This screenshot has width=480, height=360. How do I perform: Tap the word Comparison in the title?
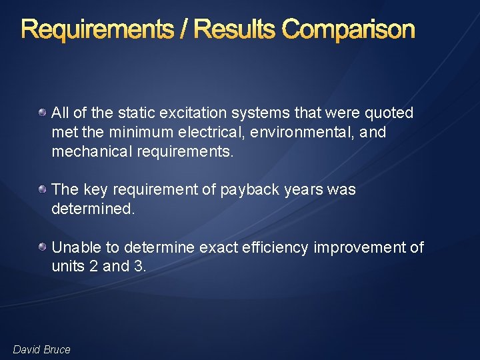click(348, 30)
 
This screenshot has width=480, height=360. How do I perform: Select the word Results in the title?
click(236, 30)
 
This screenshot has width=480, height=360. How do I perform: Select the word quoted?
click(389, 113)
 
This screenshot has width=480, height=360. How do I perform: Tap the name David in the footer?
click(26, 350)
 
